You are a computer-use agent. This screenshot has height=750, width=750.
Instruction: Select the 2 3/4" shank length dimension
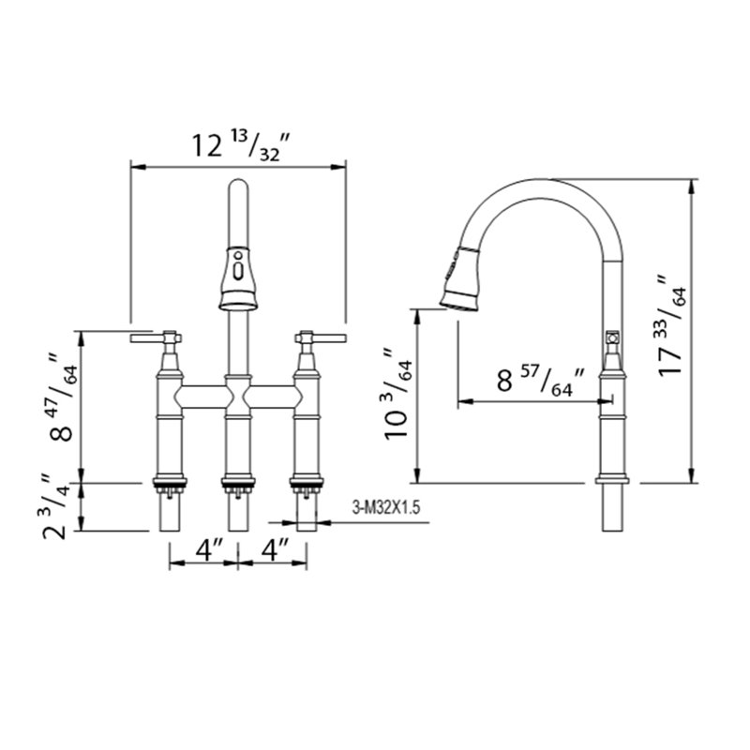click(x=54, y=507)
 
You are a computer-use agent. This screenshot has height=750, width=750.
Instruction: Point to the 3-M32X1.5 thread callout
click(x=386, y=507)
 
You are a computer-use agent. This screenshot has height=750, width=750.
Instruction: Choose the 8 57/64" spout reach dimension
click(x=541, y=381)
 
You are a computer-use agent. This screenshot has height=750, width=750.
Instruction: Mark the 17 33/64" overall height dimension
click(x=672, y=325)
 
